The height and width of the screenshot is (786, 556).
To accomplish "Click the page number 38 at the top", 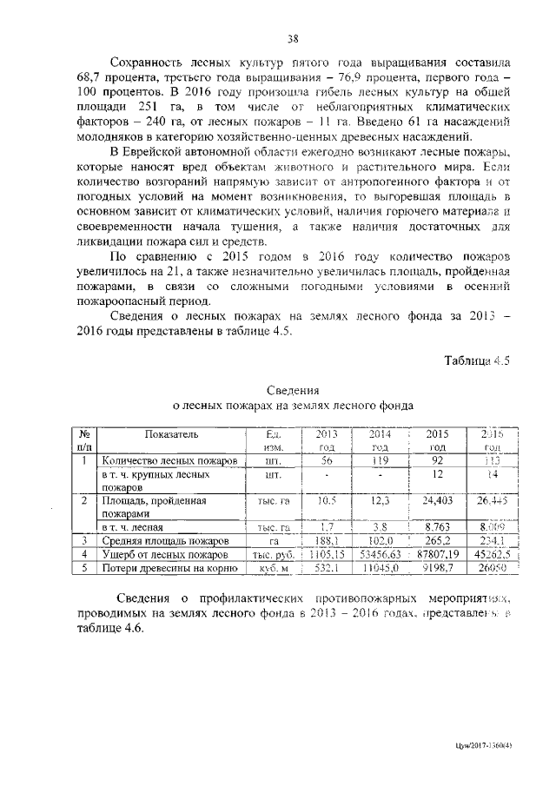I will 293,37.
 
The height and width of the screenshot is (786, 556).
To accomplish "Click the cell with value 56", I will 327,460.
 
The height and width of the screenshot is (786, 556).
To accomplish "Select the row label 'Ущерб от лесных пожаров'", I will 164,553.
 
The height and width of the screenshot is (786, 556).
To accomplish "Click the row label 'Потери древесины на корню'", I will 170,567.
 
